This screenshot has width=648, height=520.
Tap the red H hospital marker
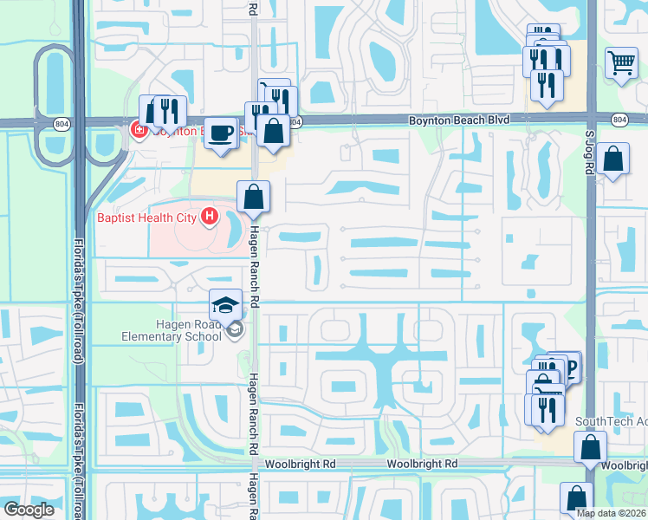(209, 217)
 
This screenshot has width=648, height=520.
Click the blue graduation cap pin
(225, 305)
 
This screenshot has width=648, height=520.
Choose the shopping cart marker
(621, 62)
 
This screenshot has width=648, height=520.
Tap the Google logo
(29, 510)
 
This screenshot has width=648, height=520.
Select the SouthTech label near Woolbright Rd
(611, 422)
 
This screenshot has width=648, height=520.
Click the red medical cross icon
(137, 131)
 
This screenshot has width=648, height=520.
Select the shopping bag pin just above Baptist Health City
(254, 197)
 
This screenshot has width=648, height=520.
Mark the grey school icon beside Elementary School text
(233, 329)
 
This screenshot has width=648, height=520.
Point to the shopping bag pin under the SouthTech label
(590, 448)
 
